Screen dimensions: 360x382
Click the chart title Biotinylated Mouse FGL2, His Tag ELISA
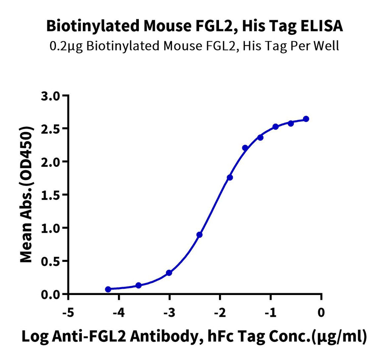click(194, 27)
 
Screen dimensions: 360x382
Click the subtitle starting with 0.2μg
click(194, 46)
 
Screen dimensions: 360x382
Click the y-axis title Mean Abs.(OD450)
click(28, 194)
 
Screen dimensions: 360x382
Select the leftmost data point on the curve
click(108, 289)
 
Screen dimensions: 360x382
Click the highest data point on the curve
click(306, 119)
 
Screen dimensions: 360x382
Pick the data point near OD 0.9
click(199, 235)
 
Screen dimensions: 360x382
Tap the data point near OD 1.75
click(230, 177)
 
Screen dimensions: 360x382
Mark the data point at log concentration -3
click(169, 273)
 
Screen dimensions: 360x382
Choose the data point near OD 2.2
click(245, 148)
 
